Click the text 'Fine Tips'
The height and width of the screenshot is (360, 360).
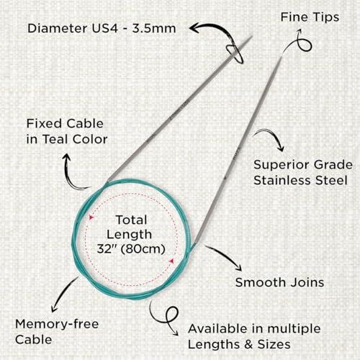coord(310,18)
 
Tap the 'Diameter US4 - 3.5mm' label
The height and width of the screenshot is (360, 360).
coord(102,28)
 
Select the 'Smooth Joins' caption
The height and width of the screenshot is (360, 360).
coord(279,282)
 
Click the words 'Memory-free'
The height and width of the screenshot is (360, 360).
coord(57,324)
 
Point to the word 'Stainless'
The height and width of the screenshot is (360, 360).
coord(282,180)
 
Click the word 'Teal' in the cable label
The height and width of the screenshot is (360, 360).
coord(55,139)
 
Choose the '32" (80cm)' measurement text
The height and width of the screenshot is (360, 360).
coord(131,249)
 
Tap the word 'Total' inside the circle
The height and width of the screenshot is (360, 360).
coord(132,220)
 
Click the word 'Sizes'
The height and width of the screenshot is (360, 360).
coord(274,345)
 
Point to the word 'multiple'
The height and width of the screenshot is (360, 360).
coord(294,329)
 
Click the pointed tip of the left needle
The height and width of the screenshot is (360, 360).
coord(252,36)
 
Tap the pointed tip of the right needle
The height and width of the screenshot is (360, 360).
coord(282,56)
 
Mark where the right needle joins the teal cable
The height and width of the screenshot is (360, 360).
coord(194,243)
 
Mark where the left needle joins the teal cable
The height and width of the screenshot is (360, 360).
coord(107,181)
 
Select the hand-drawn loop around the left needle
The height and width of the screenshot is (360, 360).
coord(235,55)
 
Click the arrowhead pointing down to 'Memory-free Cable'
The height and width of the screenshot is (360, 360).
coord(54,308)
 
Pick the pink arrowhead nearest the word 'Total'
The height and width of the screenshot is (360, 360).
coord(91,217)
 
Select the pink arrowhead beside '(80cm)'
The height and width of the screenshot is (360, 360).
coord(171,261)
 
